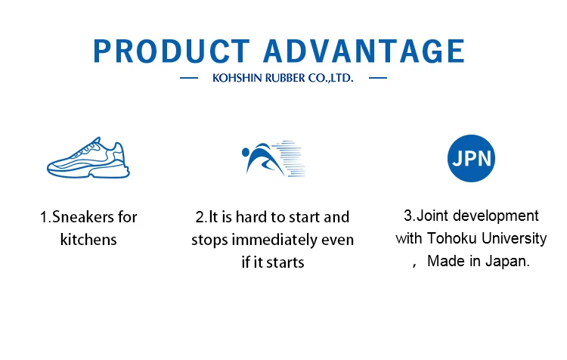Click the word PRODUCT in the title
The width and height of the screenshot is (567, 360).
(x=172, y=51)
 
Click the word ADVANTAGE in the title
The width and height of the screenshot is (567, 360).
(x=364, y=51)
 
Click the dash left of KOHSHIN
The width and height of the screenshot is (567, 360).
(x=189, y=78)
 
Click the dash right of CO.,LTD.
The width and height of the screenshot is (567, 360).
(x=378, y=78)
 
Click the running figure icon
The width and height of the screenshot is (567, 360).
(x=274, y=159)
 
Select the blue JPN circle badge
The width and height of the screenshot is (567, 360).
(x=471, y=158)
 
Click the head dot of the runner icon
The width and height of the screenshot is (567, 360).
(x=246, y=151)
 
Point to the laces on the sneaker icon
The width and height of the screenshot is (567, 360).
(x=88, y=147)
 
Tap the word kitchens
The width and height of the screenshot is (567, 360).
(x=88, y=240)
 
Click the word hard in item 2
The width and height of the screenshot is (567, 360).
(x=251, y=217)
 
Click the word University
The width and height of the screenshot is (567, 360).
(x=514, y=239)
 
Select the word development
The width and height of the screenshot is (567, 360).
(x=495, y=216)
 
